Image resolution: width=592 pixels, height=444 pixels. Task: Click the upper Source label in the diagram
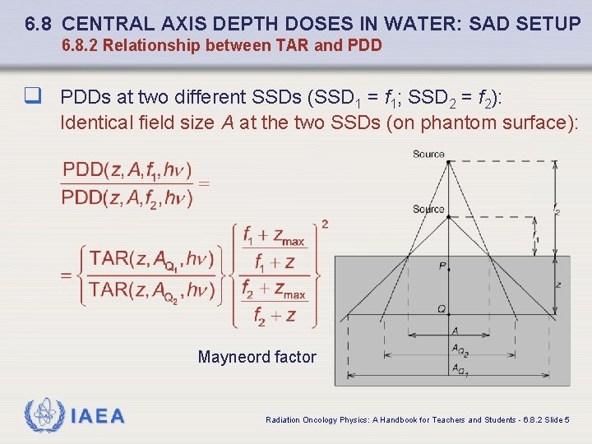[428, 154]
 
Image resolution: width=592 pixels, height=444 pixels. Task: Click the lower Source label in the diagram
[428, 209]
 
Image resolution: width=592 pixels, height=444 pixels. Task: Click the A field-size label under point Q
[455, 330]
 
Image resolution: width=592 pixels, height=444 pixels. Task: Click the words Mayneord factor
[257, 357]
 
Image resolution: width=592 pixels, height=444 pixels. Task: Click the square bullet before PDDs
[33, 97]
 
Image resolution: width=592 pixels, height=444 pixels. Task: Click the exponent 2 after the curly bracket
[325, 224]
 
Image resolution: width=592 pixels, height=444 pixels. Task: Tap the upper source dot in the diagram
[448, 161]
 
